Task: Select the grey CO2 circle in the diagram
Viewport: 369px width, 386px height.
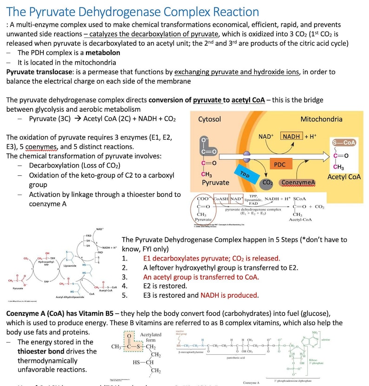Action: click(x=267, y=183)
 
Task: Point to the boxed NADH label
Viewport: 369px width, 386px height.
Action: click(x=291, y=136)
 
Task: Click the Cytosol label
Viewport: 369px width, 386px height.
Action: click(x=210, y=119)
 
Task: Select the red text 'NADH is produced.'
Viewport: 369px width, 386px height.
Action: click(x=229, y=295)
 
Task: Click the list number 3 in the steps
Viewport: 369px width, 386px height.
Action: click(x=124, y=277)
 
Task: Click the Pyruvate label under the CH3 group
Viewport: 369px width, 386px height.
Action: click(x=215, y=183)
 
